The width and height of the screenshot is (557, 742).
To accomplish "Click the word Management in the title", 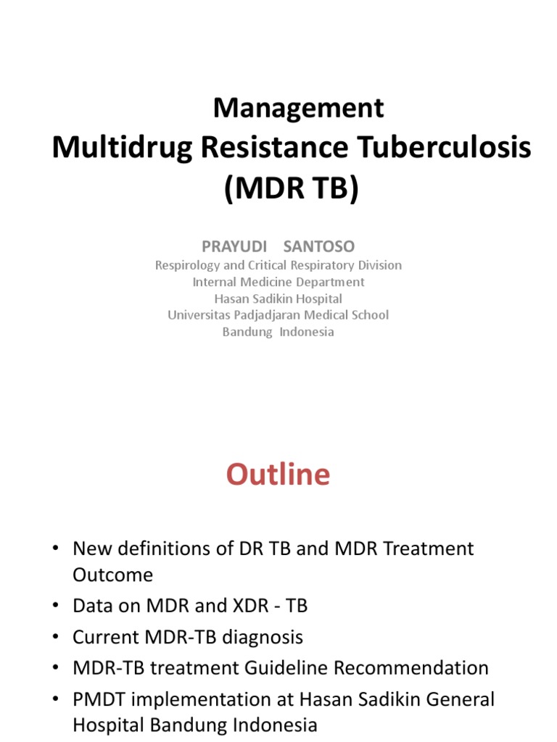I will pyautogui.click(x=298, y=108).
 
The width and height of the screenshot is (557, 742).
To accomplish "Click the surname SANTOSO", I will pyautogui.click(x=319, y=247).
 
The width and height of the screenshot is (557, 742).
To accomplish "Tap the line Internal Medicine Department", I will pyautogui.click(x=278, y=282).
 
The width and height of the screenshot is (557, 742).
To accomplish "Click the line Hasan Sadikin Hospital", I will pyautogui.click(x=278, y=299).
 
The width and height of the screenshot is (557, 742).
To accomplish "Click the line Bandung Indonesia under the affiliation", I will pyautogui.click(x=278, y=332).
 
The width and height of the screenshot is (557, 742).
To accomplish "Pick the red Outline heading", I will pyautogui.click(x=278, y=475).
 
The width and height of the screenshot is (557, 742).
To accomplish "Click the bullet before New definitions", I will pyautogui.click(x=56, y=549).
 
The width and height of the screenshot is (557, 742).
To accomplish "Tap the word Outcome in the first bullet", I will pyautogui.click(x=112, y=575).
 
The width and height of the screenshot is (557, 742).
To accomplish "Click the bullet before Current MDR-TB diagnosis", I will pyautogui.click(x=56, y=637).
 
